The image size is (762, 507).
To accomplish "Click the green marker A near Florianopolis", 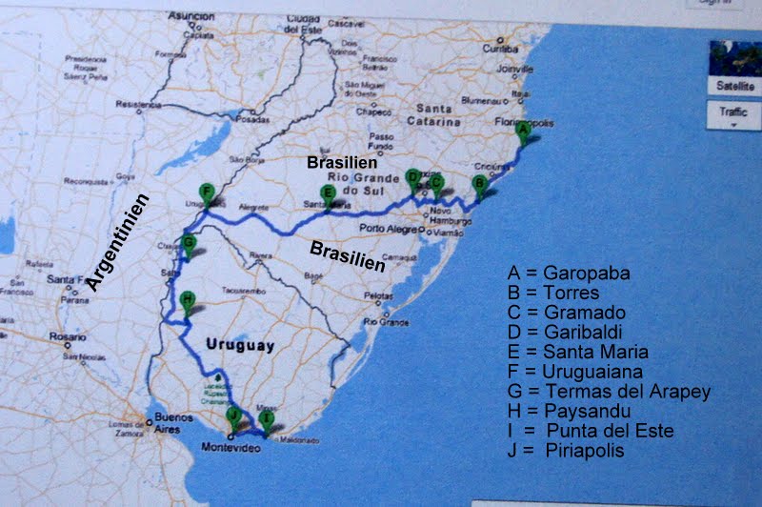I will (523, 131).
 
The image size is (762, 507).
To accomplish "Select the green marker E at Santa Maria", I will (327, 194).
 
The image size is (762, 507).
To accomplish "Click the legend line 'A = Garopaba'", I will (569, 273).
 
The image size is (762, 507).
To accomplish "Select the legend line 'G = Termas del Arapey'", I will (610, 391).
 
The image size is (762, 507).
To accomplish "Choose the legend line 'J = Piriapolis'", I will (566, 450).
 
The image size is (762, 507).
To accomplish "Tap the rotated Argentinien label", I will (117, 243).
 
